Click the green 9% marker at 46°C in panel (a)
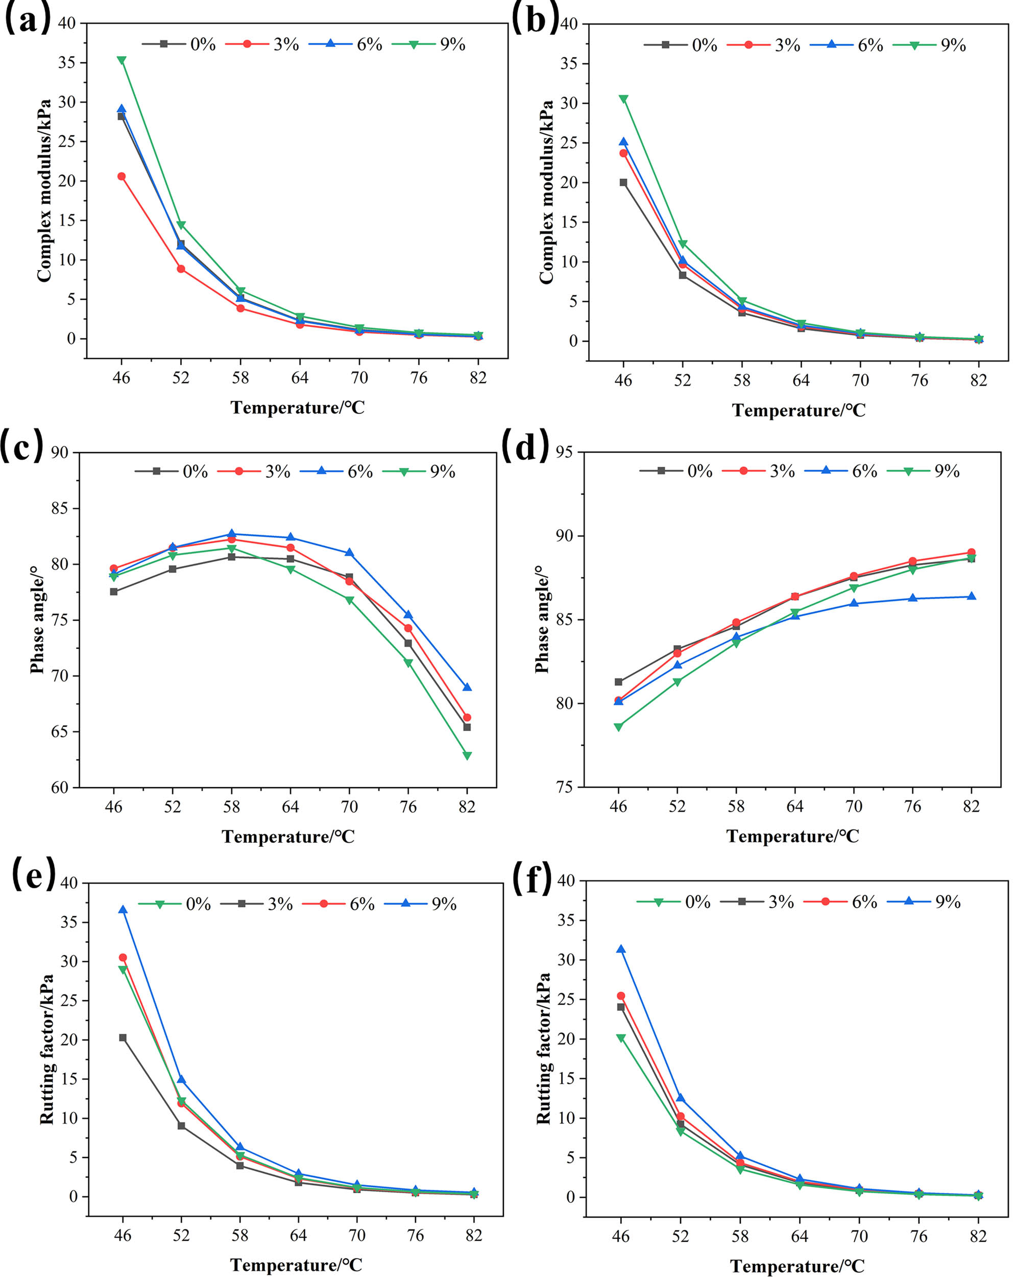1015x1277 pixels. pos(122,60)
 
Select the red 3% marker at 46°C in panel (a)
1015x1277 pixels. pos(122,176)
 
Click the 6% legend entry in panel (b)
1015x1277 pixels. pos(847,45)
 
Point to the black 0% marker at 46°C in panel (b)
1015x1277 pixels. pos(623,182)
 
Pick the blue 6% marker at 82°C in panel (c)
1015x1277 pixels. pos(467,687)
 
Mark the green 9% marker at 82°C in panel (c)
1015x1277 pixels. pos(467,756)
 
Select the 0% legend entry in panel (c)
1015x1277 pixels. pos(172,471)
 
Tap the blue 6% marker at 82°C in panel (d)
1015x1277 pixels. pos(971,597)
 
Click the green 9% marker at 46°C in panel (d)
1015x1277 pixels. pos(618,727)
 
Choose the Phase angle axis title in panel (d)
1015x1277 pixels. pos(541,620)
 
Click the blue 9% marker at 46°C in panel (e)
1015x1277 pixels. pos(123,909)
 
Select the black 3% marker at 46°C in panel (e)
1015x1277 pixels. pos(123,1038)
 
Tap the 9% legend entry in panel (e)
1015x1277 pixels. pos(421,904)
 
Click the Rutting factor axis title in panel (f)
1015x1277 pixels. pos(544,1048)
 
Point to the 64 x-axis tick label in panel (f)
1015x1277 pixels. pos(800,1236)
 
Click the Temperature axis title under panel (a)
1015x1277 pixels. pos(297,408)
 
